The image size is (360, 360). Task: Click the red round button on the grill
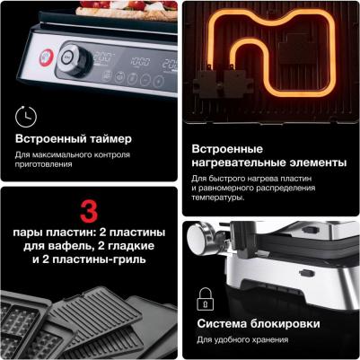(x=47, y=57)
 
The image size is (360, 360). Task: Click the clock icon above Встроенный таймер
(x=26, y=117)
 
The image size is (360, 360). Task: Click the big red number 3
(x=89, y=212)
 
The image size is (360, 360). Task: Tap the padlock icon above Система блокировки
(x=206, y=299)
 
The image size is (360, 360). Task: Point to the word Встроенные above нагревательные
(x=227, y=149)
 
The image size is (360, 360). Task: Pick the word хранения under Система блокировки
(x=268, y=340)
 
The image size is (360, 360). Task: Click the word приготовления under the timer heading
(x=44, y=164)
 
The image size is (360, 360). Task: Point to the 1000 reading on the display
(x=140, y=62)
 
